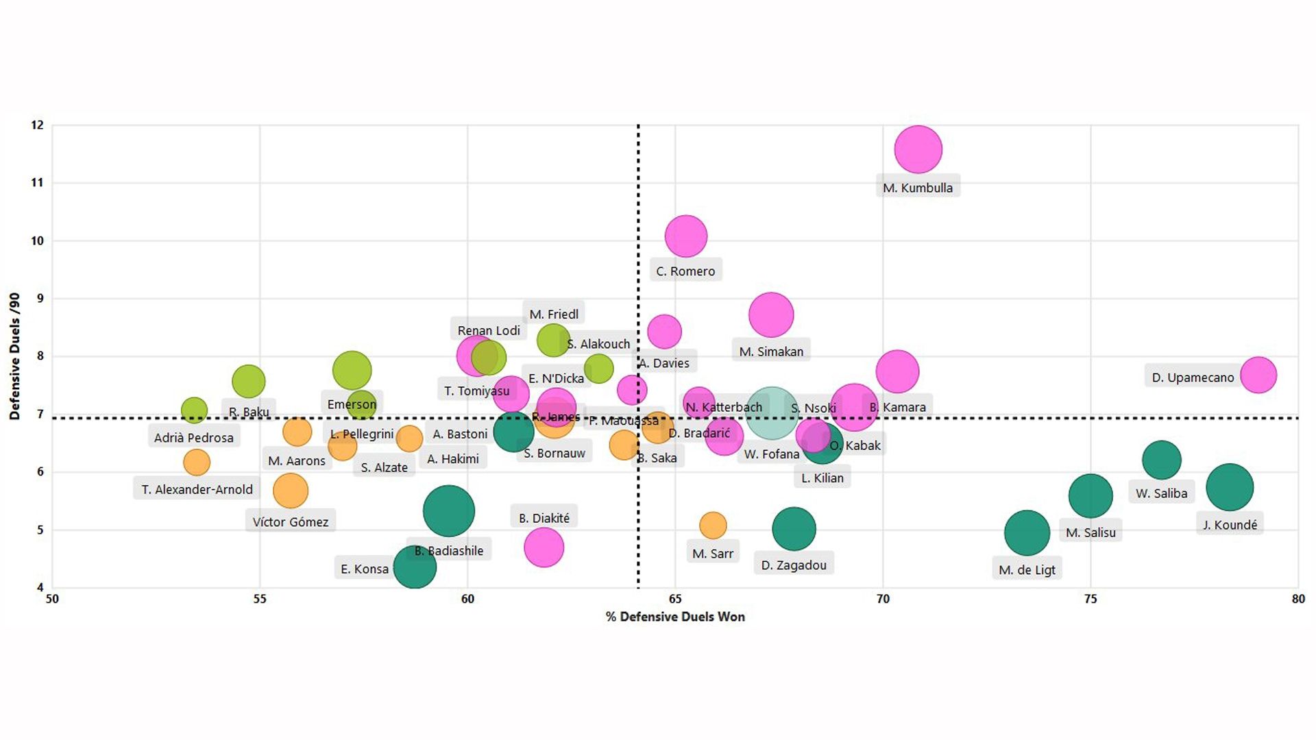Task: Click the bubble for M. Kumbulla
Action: click(918, 149)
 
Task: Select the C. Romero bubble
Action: click(685, 236)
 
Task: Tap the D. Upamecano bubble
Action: click(1258, 375)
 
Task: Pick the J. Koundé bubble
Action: click(1230, 487)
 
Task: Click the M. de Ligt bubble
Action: click(1027, 532)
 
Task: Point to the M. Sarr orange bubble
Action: click(713, 526)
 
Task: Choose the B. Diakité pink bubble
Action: click(544, 547)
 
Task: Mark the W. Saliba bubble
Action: click(1161, 460)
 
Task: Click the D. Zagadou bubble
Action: click(794, 529)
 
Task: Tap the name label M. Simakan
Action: click(771, 351)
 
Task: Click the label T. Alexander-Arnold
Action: click(197, 489)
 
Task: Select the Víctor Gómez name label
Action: click(290, 522)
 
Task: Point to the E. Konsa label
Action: click(365, 569)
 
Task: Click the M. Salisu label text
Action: click(1090, 532)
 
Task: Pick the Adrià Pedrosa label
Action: click(193, 438)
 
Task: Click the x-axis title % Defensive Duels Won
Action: click(675, 617)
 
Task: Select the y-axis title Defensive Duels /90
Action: click(14, 356)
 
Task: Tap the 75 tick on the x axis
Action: click(1090, 599)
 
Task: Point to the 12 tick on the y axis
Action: click(37, 125)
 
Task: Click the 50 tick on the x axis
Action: click(52, 599)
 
